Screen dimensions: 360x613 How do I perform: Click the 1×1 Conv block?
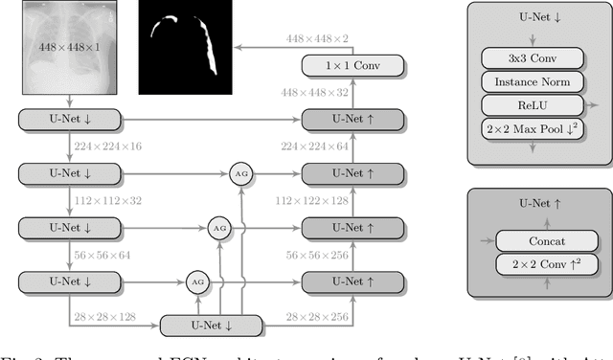[x=352, y=66]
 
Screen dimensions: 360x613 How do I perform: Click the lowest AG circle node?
[x=198, y=282]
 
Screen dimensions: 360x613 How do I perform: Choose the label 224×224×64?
[x=315, y=146]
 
